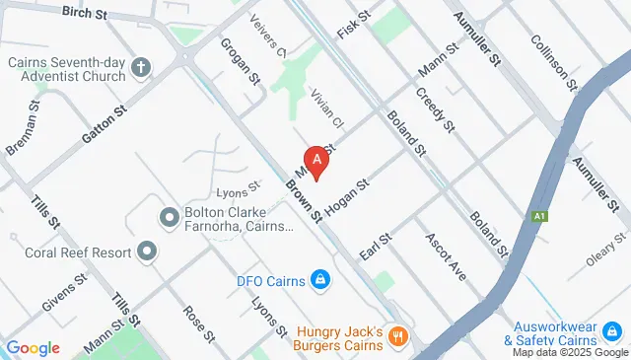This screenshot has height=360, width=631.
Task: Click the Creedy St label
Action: click(435, 110)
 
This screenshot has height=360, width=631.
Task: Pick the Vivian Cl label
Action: click(326, 109)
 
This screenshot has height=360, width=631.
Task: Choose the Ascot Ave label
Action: click(445, 256)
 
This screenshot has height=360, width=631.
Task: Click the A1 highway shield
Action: click(539, 216)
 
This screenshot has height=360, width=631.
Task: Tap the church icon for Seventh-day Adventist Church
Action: click(142, 68)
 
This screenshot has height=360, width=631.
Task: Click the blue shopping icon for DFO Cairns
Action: click(319, 280)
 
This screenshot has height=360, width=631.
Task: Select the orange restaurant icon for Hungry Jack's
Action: click(398, 337)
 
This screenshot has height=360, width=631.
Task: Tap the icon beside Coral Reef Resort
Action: click(148, 252)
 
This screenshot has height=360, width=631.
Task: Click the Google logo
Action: click(33, 348)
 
